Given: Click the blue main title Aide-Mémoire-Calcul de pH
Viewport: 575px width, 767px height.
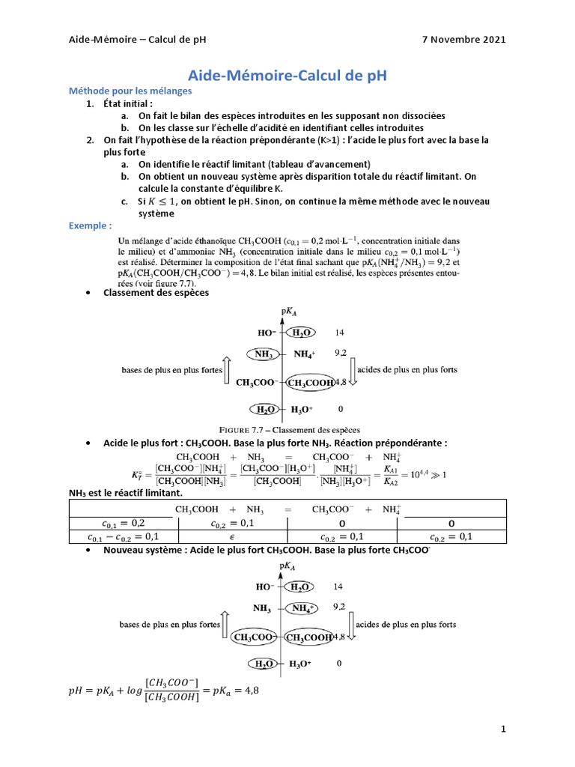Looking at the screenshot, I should pyautogui.click(x=287, y=76).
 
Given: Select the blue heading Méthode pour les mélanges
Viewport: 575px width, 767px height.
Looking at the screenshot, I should pyautogui.click(x=130, y=91).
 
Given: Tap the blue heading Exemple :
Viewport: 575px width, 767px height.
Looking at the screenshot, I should pyautogui.click(x=90, y=225).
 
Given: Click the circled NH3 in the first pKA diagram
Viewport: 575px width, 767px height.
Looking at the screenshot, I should pyautogui.click(x=263, y=354).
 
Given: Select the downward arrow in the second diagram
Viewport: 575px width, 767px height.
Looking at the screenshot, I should pyautogui.click(x=348, y=625).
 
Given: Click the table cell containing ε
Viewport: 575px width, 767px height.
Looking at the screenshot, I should pyautogui.click(x=233, y=536).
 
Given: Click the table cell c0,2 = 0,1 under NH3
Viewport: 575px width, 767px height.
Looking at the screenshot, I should pyautogui.click(x=233, y=523).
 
